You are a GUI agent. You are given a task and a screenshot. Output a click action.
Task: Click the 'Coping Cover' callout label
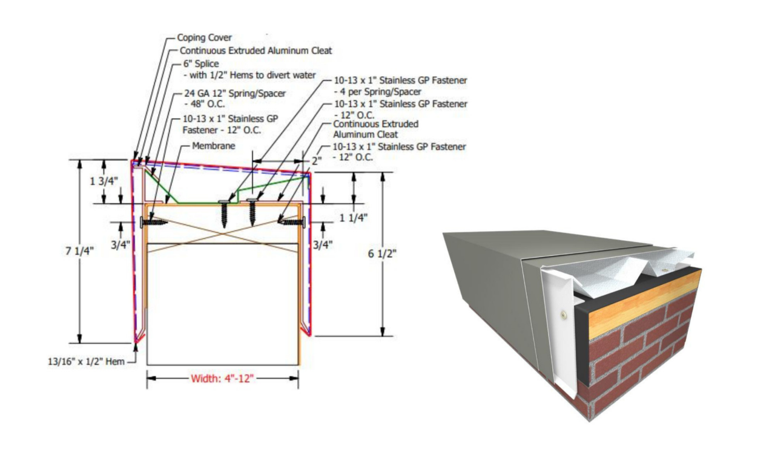click(x=204, y=38)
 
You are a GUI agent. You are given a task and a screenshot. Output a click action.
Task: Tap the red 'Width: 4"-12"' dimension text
click(x=222, y=379)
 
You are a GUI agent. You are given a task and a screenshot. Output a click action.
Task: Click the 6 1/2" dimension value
click(x=382, y=253)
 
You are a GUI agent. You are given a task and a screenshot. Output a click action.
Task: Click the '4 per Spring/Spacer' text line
click(x=378, y=92)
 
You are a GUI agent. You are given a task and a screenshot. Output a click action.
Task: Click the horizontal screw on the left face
click(x=154, y=222)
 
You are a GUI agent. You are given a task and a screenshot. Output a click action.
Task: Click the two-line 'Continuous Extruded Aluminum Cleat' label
click(x=375, y=129)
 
